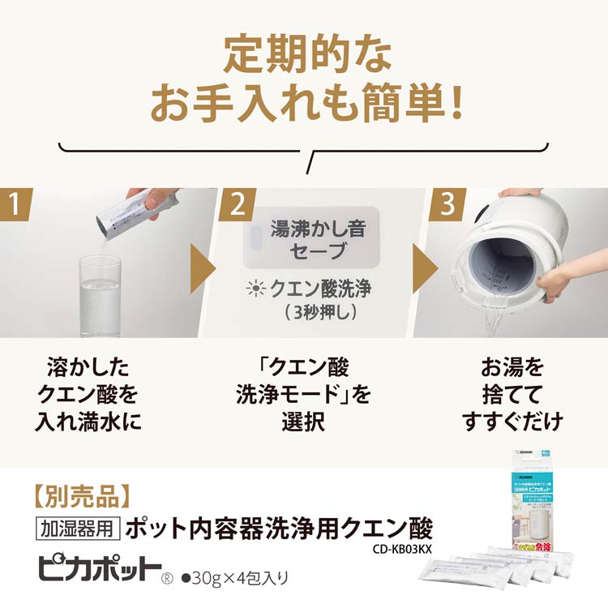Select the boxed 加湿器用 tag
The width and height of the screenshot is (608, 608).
79,528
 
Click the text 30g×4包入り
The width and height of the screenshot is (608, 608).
234,577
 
